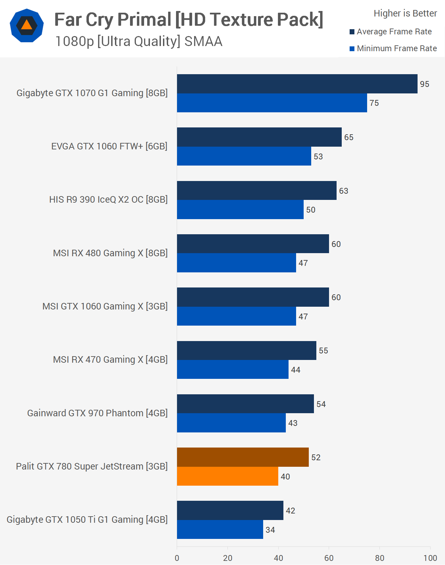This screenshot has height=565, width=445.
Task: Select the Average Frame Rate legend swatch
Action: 352,32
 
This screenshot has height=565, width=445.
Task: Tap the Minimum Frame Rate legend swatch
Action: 352,48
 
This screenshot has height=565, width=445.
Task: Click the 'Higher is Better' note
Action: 405,13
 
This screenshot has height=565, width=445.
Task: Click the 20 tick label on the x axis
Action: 227,558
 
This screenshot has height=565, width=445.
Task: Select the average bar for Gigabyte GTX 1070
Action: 297,84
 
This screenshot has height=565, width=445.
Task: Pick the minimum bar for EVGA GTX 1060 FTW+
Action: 244,156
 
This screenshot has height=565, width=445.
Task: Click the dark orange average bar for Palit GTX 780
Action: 243,457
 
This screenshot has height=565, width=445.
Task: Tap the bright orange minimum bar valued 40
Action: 227,476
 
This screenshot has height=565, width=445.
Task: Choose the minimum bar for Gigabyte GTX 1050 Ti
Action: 220,529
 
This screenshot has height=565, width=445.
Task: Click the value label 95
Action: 424,84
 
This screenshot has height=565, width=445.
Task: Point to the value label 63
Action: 343,191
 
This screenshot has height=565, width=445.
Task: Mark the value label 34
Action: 270,530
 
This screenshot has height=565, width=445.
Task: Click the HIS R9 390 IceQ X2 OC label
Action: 108,200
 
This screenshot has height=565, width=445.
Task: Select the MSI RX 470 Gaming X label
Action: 110,360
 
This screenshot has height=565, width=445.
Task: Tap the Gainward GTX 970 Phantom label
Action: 97,413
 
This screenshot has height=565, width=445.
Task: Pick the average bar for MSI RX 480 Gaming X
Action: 253,244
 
